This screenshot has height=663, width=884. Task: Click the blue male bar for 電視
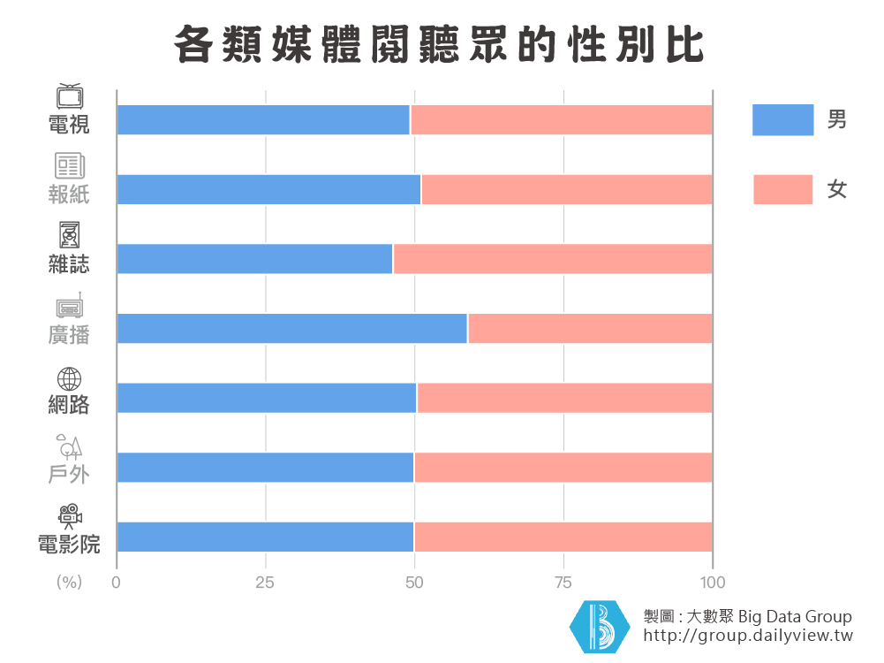pos(263,119)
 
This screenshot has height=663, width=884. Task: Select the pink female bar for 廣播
pos(590,328)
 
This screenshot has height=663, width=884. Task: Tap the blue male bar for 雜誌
pos(254,258)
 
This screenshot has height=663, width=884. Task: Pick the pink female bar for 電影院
pos(563,537)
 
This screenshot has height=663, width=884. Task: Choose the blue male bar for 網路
pos(266,398)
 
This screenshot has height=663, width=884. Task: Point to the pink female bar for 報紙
pos(567,189)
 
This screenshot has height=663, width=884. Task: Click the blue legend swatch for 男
pos(782,119)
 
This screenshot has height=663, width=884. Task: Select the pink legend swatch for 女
pos(782,189)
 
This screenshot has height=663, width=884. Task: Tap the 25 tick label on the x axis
pos(265,582)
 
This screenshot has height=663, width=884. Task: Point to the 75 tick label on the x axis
pos(563,582)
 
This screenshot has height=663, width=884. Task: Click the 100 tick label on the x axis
pos(713,582)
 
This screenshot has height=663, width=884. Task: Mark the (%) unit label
pos(69,582)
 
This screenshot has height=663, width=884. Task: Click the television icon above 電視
pos(69,95)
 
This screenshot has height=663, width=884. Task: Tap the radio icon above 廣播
pos(69,307)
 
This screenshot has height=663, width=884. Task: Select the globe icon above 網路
pos(69,378)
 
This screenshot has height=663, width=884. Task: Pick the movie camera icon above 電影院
pos(69,514)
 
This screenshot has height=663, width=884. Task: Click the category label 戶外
pos(69,474)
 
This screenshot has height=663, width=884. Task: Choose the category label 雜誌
pos(69,263)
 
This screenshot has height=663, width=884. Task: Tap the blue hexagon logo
pos(600,627)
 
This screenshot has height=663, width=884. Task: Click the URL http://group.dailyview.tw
pos(748,636)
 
